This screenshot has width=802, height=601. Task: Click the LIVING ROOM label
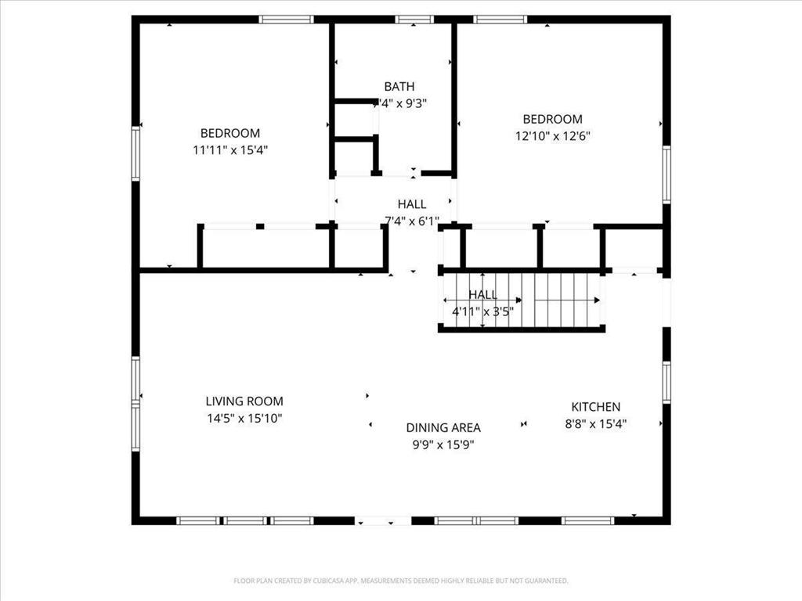click(244, 401)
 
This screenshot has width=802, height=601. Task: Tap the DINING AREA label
click(443, 428)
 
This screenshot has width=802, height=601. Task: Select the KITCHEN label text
click(595, 407)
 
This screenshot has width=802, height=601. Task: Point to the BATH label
click(399, 87)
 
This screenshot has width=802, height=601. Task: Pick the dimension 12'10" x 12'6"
click(552, 135)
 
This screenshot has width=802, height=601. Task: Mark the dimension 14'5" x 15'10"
click(244, 419)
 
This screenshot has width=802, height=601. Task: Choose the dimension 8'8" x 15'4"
click(595, 424)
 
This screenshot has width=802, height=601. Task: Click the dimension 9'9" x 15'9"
click(443, 444)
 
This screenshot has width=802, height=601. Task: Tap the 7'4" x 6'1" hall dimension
click(411, 221)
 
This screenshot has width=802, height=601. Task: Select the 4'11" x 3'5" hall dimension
click(482, 311)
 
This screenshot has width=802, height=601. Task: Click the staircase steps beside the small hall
click(564, 299)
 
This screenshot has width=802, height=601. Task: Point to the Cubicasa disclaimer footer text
click(401, 581)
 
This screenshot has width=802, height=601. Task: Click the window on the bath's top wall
click(414, 20)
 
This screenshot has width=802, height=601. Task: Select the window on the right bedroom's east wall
click(667, 175)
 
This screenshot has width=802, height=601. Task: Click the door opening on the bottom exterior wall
click(384, 520)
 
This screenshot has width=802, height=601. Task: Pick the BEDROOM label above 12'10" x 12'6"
click(552, 119)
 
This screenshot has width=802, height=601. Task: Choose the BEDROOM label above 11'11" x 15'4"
click(230, 134)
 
